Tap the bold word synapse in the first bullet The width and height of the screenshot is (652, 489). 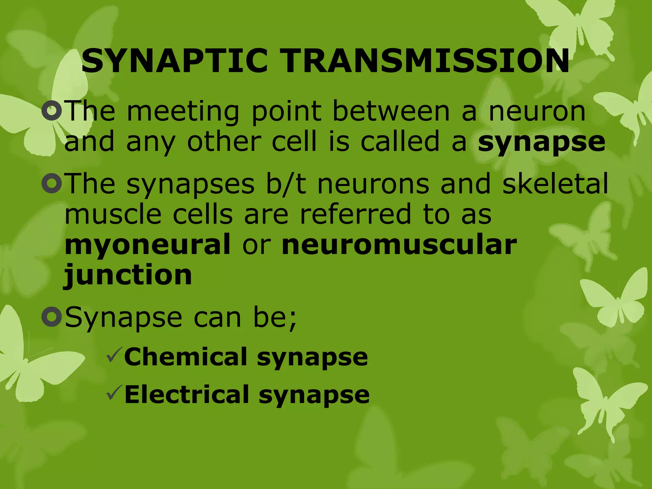click(541, 142)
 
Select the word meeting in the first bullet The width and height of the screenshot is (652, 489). click(183, 111)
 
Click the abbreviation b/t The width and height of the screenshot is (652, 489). click(286, 184)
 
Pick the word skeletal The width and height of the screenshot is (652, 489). click(555, 184)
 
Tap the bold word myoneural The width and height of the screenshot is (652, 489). click(147, 244)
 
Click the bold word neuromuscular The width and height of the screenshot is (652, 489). click(399, 244)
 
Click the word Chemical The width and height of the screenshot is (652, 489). click(186, 357)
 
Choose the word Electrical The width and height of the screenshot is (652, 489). click(187, 394)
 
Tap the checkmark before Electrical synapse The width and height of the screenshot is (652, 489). click(114, 392)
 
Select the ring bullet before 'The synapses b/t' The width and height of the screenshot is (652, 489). click(52, 183)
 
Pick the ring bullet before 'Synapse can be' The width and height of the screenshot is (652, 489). click(52, 317)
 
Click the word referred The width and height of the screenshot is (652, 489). click(355, 214)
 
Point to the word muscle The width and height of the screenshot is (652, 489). click(113, 214)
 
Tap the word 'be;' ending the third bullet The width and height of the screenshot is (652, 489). click(275, 317)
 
